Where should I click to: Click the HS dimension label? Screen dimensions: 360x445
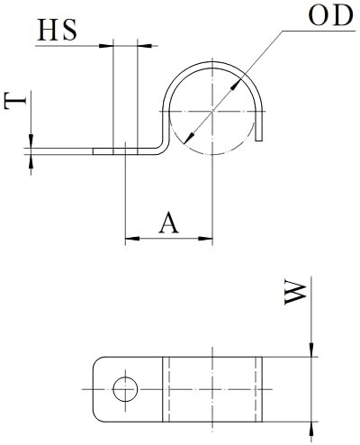pos(57,30)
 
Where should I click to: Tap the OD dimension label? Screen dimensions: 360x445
pos(330,15)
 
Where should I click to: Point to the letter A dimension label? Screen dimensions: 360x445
pos(168,222)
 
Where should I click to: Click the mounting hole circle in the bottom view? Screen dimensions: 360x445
pos(125,389)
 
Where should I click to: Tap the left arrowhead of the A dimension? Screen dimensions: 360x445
pos(132,239)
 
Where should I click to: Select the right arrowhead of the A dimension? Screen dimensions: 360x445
pos(205,239)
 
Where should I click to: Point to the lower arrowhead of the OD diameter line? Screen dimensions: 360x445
pos(189,138)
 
